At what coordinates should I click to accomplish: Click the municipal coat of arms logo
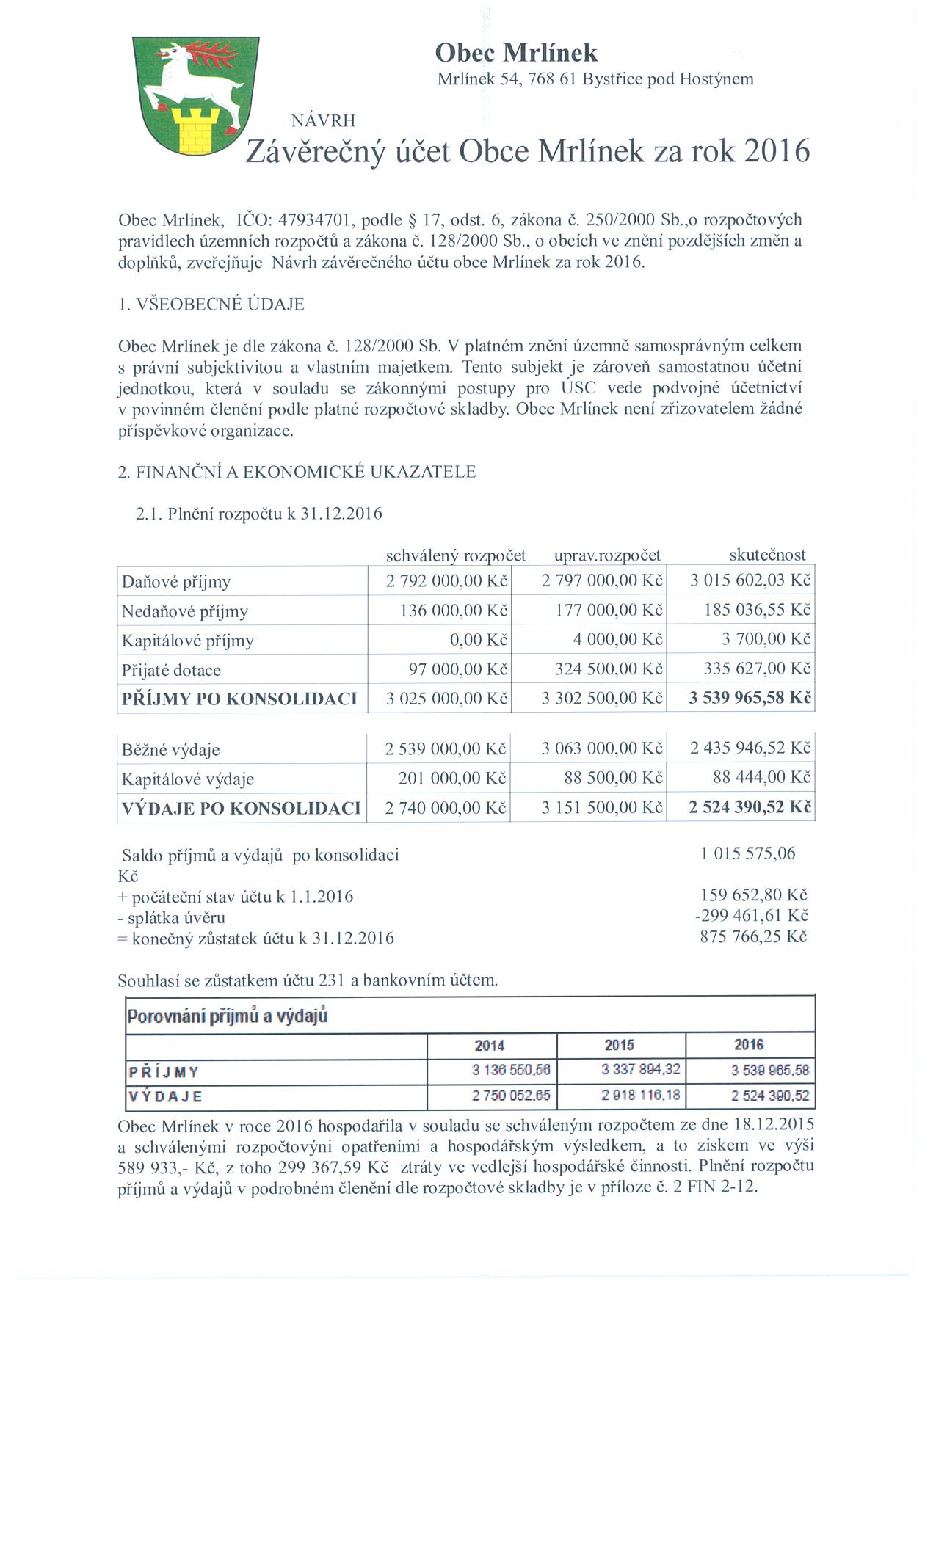[196, 95]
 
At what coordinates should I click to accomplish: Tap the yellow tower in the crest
[195, 129]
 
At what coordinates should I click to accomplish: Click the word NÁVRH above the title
[323, 121]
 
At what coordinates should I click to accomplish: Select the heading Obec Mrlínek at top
[516, 53]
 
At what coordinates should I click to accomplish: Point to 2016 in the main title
[777, 151]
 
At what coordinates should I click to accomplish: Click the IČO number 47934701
[321, 219]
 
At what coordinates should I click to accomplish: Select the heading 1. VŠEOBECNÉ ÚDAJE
[211, 304]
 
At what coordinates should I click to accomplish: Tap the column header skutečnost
[767, 555]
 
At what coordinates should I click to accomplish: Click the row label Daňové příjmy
[176, 582]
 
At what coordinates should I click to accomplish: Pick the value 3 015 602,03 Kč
[750, 581]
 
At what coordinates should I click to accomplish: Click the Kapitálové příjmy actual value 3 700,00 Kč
[766, 639]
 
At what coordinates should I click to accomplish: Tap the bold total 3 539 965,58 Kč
[750, 697]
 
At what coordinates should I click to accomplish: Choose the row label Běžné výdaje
[171, 749]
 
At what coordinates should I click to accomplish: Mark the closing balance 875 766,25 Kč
[754, 937]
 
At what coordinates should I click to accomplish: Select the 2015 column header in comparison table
[620, 1045]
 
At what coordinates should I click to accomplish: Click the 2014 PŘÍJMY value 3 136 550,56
[511, 1071]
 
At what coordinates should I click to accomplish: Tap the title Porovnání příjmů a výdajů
[228, 1016]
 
